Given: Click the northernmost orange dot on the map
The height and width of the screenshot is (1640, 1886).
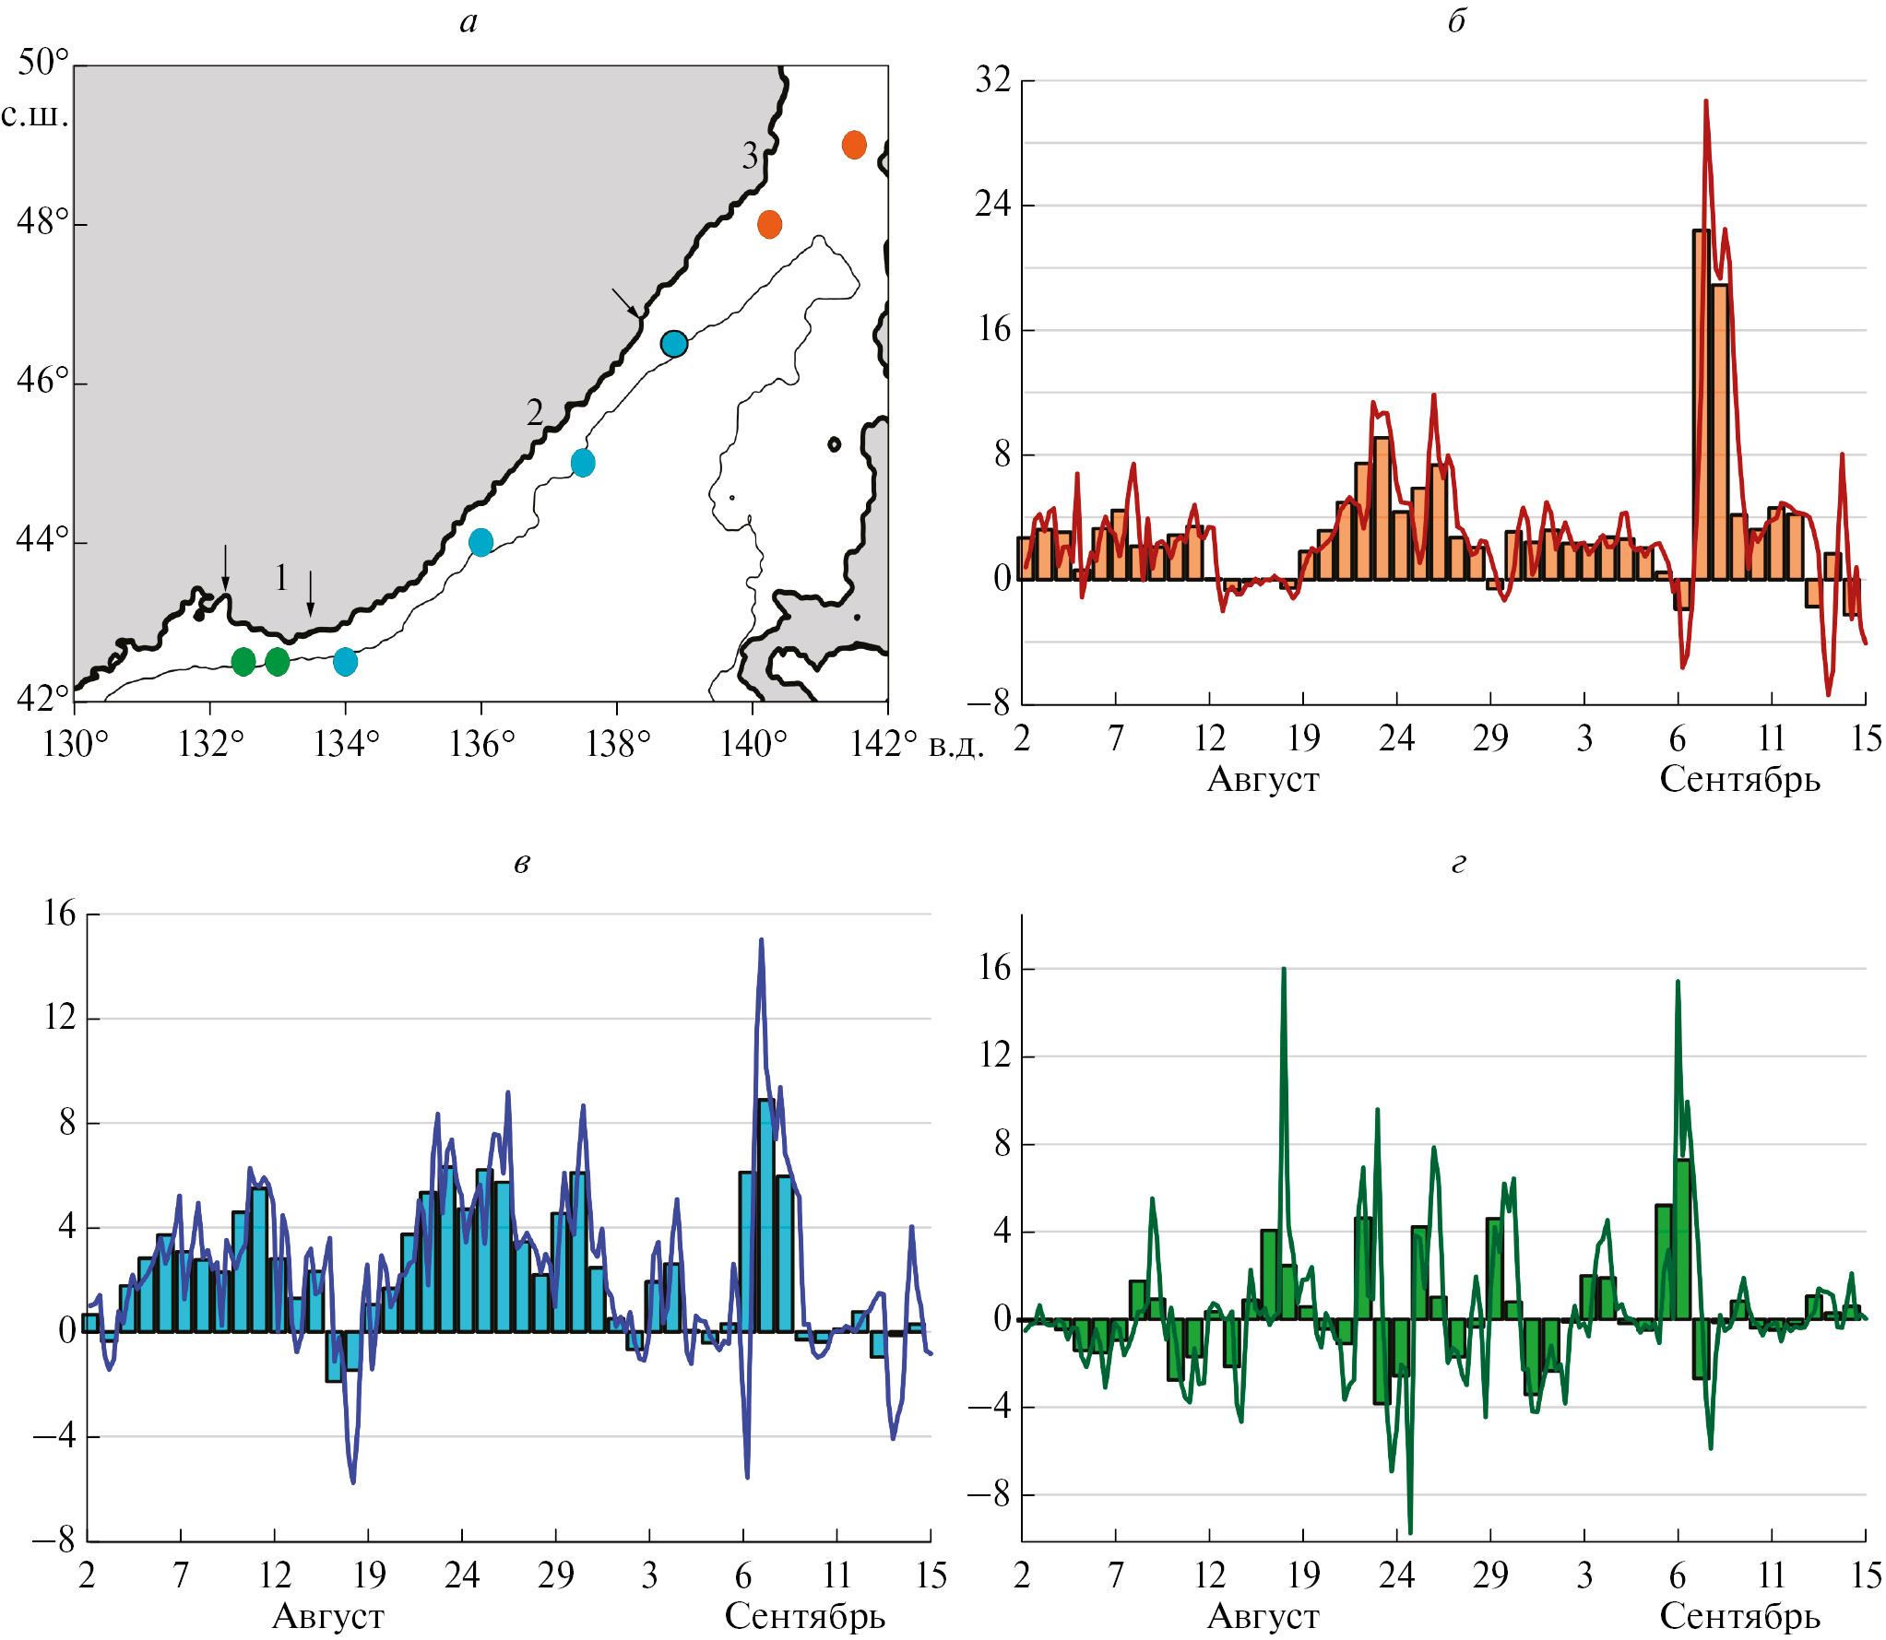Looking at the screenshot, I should (x=854, y=145).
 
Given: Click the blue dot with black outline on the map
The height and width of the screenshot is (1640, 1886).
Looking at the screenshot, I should (x=674, y=344).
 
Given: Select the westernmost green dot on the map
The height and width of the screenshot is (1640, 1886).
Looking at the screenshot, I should (x=243, y=661).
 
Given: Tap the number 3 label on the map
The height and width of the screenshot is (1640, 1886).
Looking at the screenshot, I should (x=751, y=156).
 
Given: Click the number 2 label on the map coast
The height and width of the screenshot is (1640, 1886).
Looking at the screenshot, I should (x=535, y=411).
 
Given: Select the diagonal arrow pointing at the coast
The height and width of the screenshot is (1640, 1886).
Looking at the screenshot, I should (x=624, y=301).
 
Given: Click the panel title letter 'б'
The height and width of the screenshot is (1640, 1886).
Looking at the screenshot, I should (x=1456, y=21).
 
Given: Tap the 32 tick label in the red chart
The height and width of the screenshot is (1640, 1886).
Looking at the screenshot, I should (x=993, y=80).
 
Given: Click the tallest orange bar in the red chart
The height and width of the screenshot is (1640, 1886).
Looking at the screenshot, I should (x=1701, y=406).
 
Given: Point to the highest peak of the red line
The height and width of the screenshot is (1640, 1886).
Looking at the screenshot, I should (x=1705, y=101).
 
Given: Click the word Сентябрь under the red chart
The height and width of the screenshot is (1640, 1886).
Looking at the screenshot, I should (x=1739, y=780).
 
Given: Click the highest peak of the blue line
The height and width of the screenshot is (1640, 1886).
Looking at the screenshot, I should (x=761, y=940).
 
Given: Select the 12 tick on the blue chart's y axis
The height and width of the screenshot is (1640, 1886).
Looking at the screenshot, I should (x=60, y=1018).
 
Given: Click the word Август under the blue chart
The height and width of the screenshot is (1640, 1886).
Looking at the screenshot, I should (x=328, y=1616).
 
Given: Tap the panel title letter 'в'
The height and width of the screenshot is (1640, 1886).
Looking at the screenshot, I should (x=522, y=863).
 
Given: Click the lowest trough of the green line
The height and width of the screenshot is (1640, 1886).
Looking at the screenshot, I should (x=1410, y=1532).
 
